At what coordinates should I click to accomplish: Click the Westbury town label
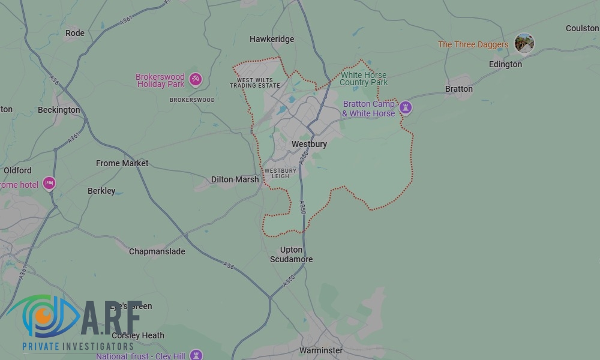(x=309, y=145)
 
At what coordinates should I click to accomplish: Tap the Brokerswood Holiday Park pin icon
(x=195, y=79)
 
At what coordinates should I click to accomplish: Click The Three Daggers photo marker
(x=524, y=43)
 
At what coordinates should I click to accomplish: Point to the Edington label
(x=505, y=64)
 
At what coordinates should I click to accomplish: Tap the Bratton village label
(x=458, y=89)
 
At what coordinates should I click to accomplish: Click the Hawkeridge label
(x=272, y=39)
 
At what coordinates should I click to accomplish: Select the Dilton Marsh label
(x=235, y=179)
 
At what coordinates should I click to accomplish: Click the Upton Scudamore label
(x=296, y=254)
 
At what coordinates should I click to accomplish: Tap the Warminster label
(x=321, y=350)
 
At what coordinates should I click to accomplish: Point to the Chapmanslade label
(x=157, y=251)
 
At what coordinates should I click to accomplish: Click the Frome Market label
(x=122, y=163)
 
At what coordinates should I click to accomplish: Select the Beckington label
(x=59, y=110)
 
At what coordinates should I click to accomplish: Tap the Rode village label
(x=75, y=33)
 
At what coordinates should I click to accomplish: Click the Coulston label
(x=581, y=28)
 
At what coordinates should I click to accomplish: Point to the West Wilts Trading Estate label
(x=255, y=83)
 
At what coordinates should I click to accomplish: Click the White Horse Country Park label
(x=364, y=79)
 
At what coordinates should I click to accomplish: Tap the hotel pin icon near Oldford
(x=49, y=184)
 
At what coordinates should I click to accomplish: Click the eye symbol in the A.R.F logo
(x=42, y=315)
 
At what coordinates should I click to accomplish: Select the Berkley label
(x=101, y=191)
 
